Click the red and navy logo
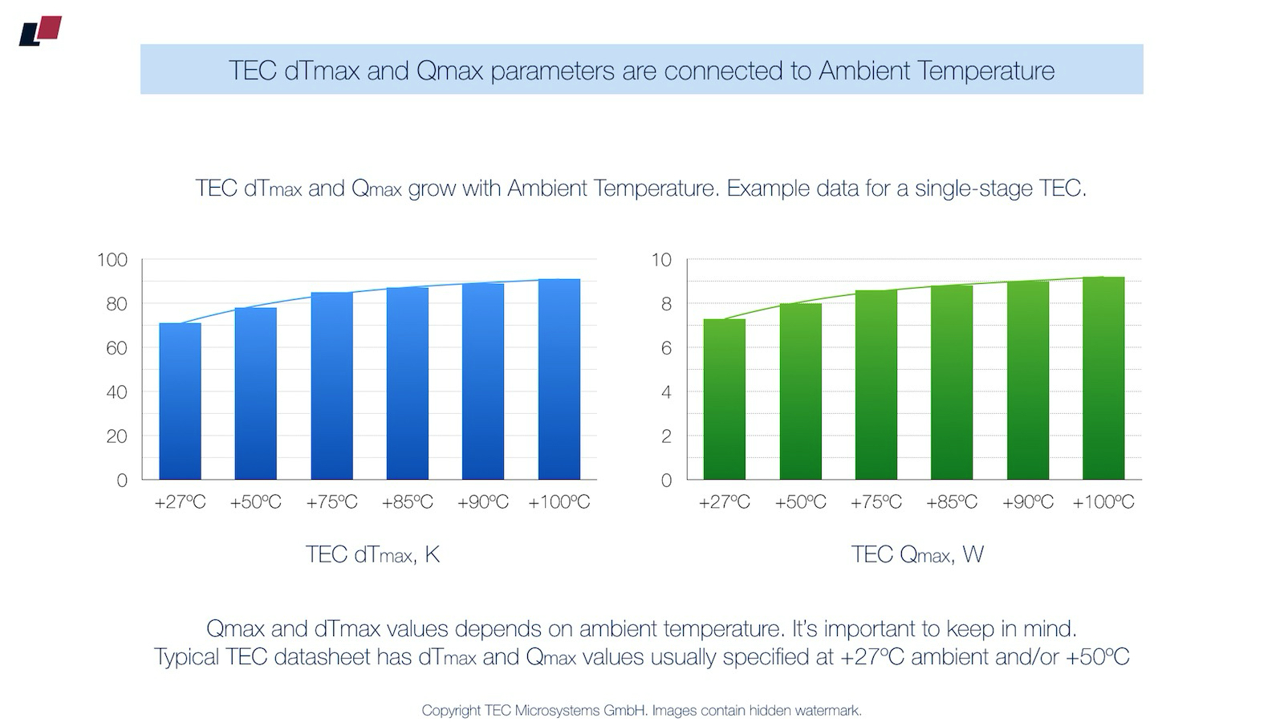point(40,30)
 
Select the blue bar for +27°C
point(180,401)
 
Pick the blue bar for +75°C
point(331,386)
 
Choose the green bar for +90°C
point(1027,380)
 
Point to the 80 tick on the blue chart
point(112,304)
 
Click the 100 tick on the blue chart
point(112,260)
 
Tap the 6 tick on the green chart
point(665,348)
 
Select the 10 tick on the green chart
point(660,260)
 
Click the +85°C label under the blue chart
point(407,502)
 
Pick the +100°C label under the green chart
point(1103,502)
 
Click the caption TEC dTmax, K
point(372,554)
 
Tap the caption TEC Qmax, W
point(917,554)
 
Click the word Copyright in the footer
point(451,711)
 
